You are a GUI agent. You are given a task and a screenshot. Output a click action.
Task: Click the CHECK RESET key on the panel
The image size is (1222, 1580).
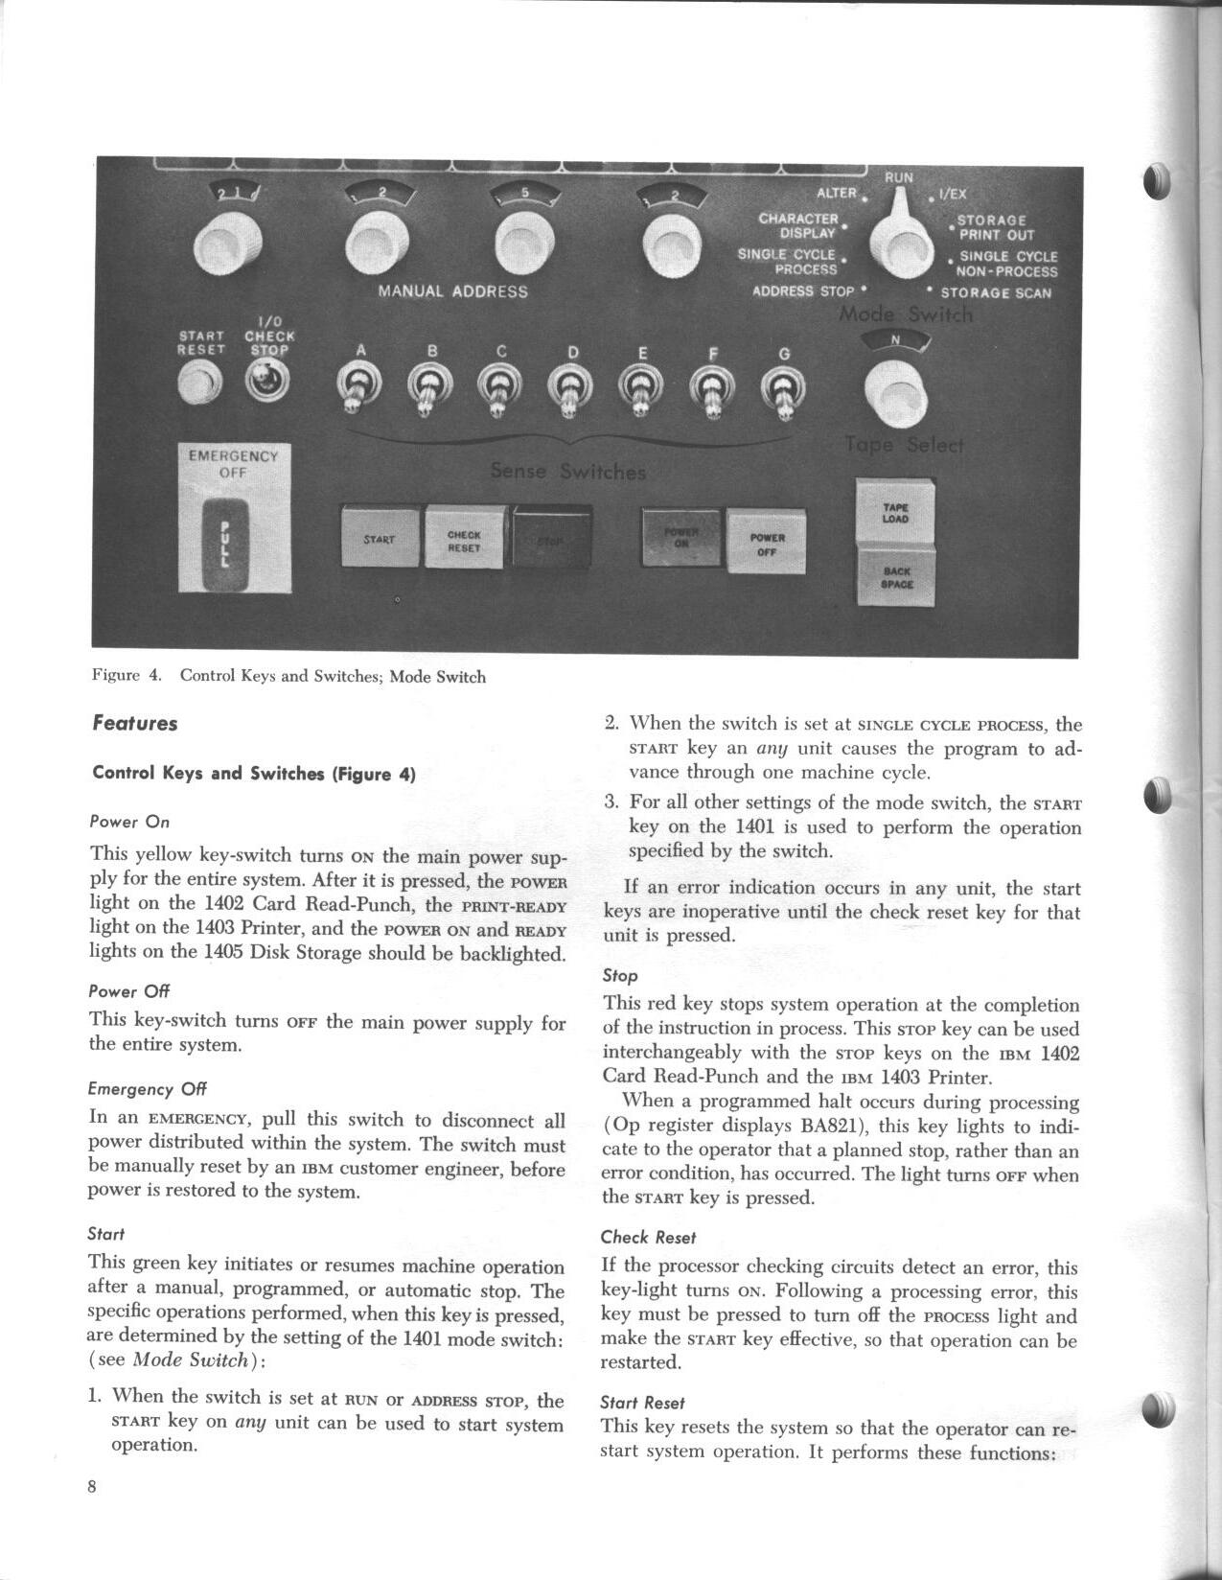pyautogui.click(x=464, y=539)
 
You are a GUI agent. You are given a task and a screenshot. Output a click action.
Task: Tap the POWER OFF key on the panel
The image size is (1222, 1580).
pyautogui.click(x=767, y=543)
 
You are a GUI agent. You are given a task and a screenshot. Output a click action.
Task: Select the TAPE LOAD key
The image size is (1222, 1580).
pyautogui.click(x=895, y=513)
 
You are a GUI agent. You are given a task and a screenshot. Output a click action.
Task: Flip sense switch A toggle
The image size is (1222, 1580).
pyautogui.click(x=360, y=389)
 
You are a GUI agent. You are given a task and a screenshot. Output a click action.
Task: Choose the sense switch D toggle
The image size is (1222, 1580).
pyautogui.click(x=571, y=391)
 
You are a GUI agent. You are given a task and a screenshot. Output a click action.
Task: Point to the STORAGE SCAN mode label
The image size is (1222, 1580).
pyautogui.click(x=995, y=293)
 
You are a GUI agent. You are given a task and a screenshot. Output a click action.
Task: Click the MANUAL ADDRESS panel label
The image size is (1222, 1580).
pyautogui.click(x=452, y=291)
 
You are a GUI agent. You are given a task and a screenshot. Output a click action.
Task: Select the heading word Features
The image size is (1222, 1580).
pyautogui.click(x=135, y=724)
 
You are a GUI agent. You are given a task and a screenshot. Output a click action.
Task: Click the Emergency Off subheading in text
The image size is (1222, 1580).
pyautogui.click(x=147, y=1089)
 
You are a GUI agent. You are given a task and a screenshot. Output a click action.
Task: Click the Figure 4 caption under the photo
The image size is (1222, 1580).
pyautogui.click(x=288, y=677)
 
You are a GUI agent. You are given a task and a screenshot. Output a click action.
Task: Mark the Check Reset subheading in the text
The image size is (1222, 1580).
pyautogui.click(x=648, y=1238)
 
